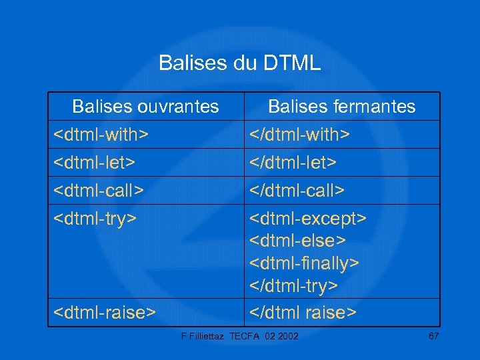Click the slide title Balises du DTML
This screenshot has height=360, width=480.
(x=239, y=63)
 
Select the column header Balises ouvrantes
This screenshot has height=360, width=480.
(x=145, y=107)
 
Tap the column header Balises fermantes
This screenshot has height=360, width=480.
(x=341, y=107)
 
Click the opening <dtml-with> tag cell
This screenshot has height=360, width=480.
(x=101, y=135)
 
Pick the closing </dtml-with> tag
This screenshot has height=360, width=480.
(x=299, y=135)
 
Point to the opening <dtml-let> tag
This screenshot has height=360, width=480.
(x=95, y=163)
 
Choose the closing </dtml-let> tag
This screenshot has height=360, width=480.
(x=293, y=163)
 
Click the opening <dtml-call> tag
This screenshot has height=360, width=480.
(x=99, y=191)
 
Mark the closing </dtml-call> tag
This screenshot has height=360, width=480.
(x=297, y=191)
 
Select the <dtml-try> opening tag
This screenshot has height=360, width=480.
(x=95, y=219)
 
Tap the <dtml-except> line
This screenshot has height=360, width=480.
(x=308, y=219)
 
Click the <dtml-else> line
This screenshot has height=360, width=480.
(x=297, y=241)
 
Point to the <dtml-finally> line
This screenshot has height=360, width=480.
(x=305, y=263)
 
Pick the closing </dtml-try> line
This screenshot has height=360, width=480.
(x=294, y=286)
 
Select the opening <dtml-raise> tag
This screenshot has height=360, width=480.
(x=105, y=311)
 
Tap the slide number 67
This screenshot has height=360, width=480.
(x=433, y=335)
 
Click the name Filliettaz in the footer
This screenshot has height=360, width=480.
(x=207, y=335)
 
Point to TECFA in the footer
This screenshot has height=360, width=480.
(x=247, y=335)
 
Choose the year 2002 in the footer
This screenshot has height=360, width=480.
(x=288, y=335)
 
